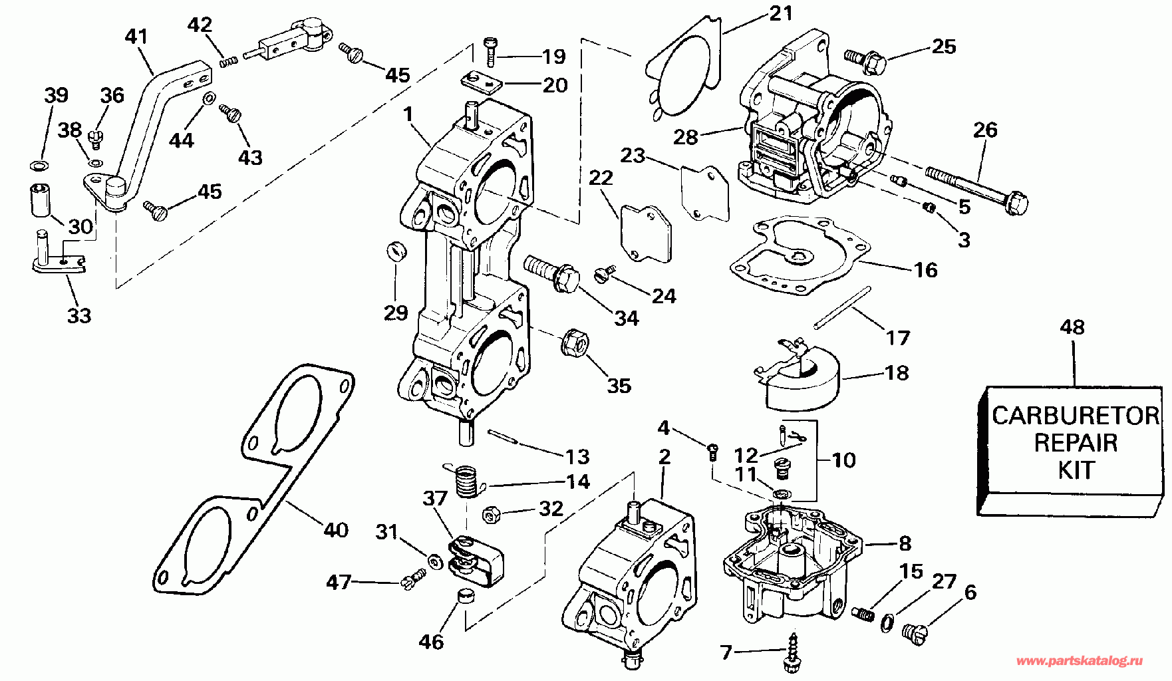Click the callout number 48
(x=1072, y=327)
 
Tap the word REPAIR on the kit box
(x=1075, y=443)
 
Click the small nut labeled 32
(x=491, y=515)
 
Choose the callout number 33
(x=79, y=315)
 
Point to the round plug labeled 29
(x=396, y=252)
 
